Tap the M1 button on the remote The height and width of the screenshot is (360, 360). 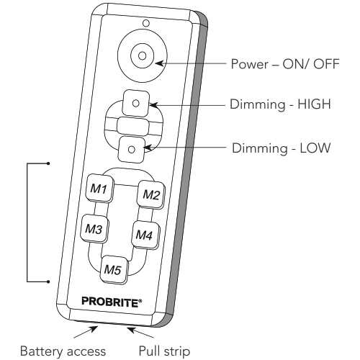pyautogui.click(x=99, y=189)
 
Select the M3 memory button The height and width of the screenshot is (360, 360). pyautogui.click(x=94, y=229)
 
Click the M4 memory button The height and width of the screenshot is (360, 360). pyautogui.click(x=145, y=235)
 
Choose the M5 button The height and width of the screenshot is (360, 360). pyautogui.click(x=114, y=270)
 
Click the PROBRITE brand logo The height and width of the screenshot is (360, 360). pyautogui.click(x=112, y=302)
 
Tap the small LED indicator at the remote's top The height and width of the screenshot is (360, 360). pyautogui.click(x=146, y=23)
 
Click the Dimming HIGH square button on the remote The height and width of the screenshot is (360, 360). pyautogui.click(x=136, y=104)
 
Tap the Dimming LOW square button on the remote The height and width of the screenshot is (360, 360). pyautogui.click(x=132, y=150)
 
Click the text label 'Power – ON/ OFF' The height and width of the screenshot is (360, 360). pyautogui.click(x=285, y=64)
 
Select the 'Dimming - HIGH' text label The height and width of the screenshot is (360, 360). pyautogui.click(x=280, y=104)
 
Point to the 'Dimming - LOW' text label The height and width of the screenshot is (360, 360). pyautogui.click(x=282, y=148)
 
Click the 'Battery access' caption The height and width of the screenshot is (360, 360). pyautogui.click(x=63, y=351)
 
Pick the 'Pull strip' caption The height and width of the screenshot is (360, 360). pyautogui.click(x=165, y=351)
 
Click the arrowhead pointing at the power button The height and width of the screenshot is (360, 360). pyautogui.click(x=159, y=63)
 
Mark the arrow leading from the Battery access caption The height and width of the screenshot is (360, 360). pyautogui.click(x=86, y=332)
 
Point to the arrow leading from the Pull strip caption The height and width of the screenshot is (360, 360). pyautogui.click(x=140, y=333)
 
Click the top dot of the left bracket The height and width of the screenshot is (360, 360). pyautogui.click(x=48, y=163)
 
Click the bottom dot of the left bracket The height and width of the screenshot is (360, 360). pyautogui.click(x=48, y=282)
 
